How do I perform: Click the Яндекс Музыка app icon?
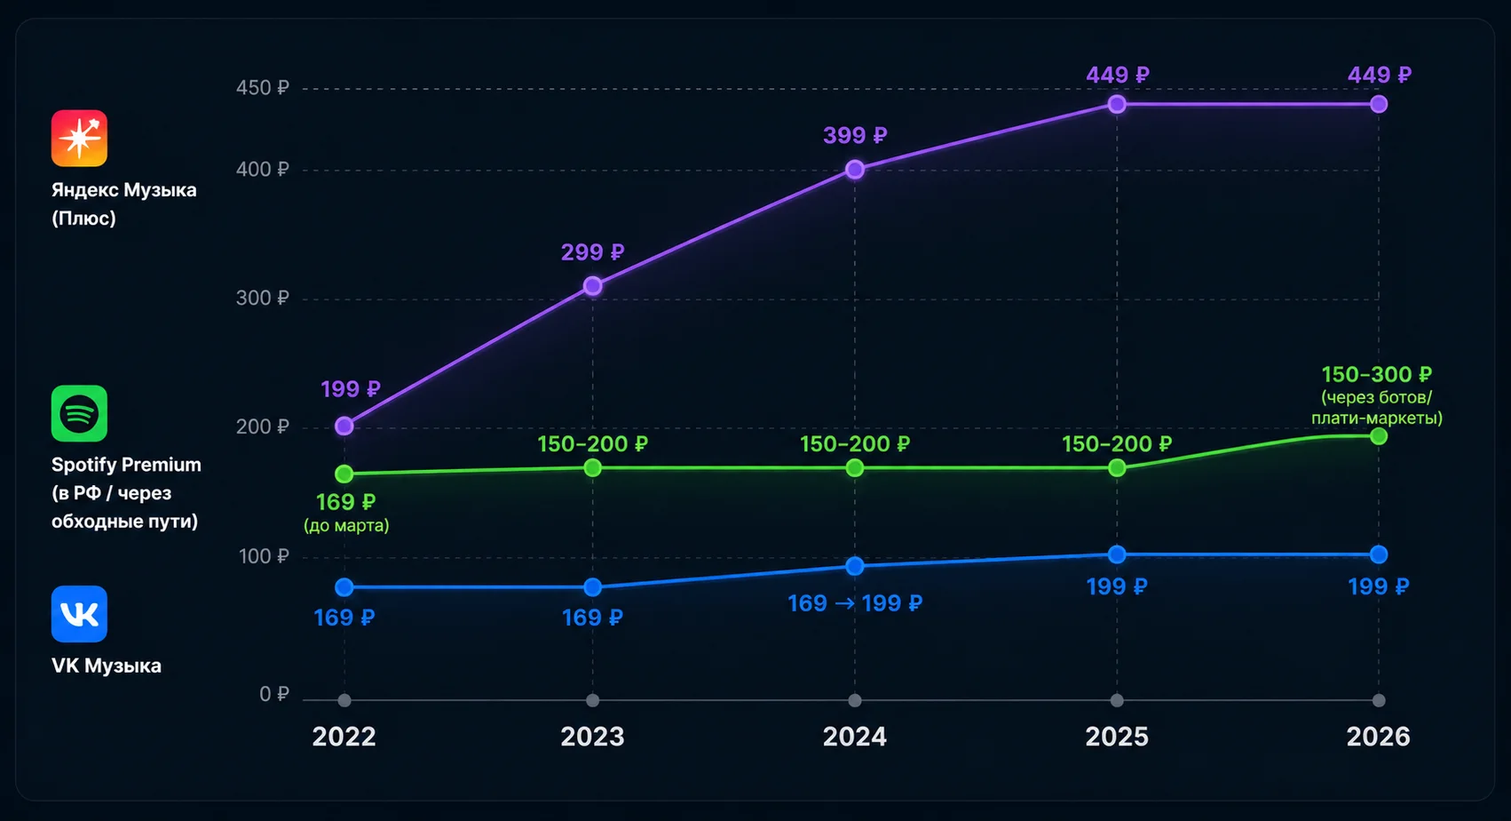point(79,138)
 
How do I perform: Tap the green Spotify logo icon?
point(79,413)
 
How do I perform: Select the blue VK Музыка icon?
point(79,614)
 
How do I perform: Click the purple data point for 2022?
point(344,426)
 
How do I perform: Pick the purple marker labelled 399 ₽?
point(855,170)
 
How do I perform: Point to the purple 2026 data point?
point(1379,104)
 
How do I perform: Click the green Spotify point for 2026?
point(1379,436)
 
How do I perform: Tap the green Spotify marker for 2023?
point(592,467)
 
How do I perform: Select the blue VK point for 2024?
point(855,566)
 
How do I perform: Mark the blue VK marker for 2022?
point(344,586)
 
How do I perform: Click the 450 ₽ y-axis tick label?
point(263,88)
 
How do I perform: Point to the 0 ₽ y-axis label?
point(274,694)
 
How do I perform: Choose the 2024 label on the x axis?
point(855,737)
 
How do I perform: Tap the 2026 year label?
point(1378,737)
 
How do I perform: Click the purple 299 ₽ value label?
point(593,252)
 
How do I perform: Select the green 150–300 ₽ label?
point(1377,374)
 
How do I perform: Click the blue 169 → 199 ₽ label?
point(855,603)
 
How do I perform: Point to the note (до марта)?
point(346,525)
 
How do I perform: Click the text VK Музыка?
point(107,666)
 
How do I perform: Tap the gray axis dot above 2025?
point(1117,700)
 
